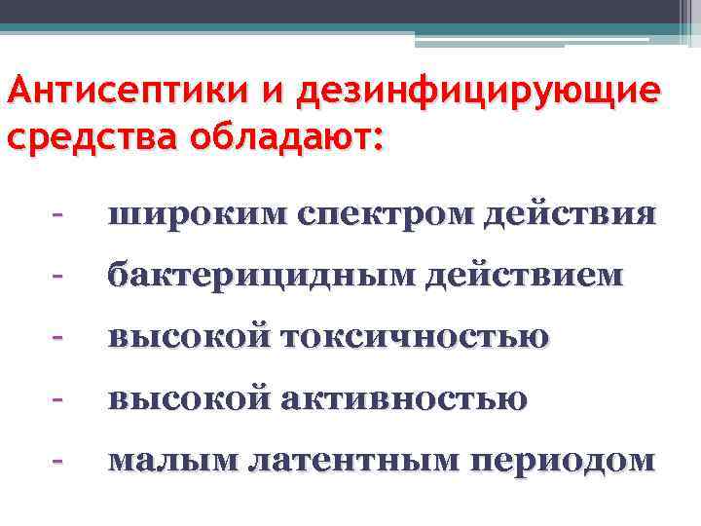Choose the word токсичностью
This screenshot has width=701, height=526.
[415, 337]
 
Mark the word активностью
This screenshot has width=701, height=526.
[404, 397]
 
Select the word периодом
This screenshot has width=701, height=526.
[564, 460]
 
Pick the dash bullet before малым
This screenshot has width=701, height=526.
[59, 457]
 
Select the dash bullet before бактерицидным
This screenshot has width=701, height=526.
[59, 276]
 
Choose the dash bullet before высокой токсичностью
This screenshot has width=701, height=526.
[59, 336]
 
